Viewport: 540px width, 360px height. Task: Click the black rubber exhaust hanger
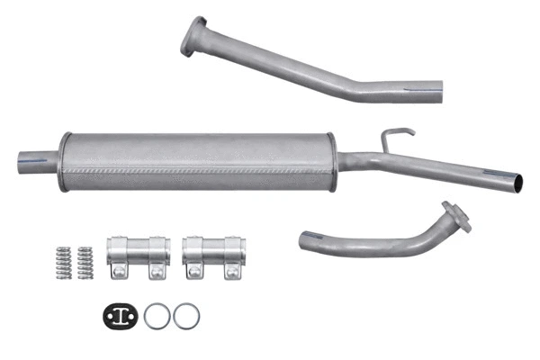click(119, 316)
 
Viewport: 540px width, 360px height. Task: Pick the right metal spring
click(85, 261)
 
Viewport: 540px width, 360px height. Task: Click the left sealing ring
click(157, 316)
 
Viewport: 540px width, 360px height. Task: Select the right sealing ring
click(186, 316)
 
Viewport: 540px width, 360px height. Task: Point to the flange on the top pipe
click(193, 37)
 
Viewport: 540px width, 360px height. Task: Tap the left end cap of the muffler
click(65, 161)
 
